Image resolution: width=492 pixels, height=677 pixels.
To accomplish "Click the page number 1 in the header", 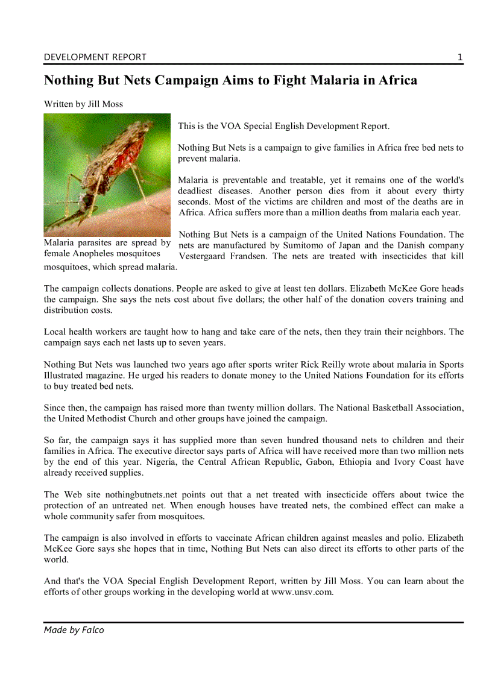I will click(460, 57).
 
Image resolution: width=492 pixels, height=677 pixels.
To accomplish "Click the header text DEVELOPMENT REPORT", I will click(95, 57).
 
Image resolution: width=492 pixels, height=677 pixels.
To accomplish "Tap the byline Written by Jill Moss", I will click(83, 104).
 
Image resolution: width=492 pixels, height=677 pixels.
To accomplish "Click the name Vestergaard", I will click(207, 256).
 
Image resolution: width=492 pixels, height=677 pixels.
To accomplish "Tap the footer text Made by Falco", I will click(74, 630).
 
